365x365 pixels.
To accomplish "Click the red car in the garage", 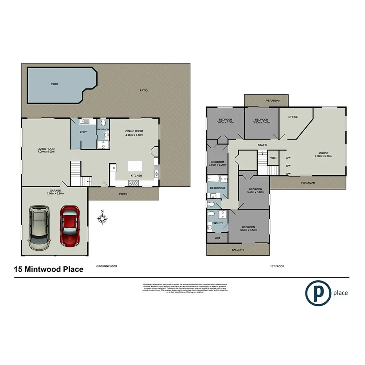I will click(x=70, y=226).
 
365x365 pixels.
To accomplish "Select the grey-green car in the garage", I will click(x=39, y=228).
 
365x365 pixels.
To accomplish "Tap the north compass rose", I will click(x=102, y=218).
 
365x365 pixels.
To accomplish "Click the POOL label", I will click(x=55, y=84).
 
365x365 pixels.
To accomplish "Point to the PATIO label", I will click(x=144, y=90).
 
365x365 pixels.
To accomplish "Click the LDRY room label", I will click(x=83, y=132).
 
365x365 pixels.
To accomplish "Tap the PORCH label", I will click(x=123, y=194).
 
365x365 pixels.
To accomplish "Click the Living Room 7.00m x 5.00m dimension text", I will click(x=46, y=152).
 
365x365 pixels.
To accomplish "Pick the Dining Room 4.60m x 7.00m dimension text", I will click(x=134, y=135).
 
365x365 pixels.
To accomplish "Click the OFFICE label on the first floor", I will click(x=293, y=117).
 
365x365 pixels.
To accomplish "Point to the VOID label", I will click(x=273, y=158).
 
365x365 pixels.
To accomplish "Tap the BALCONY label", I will click(x=238, y=250).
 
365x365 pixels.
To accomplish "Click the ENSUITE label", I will click(x=217, y=223).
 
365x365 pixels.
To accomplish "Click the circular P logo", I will click(x=318, y=292).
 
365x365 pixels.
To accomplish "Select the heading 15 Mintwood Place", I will click(x=49, y=269).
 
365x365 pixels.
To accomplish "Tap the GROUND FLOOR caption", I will click(x=107, y=266).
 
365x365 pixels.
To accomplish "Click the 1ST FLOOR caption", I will click(x=277, y=266).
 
